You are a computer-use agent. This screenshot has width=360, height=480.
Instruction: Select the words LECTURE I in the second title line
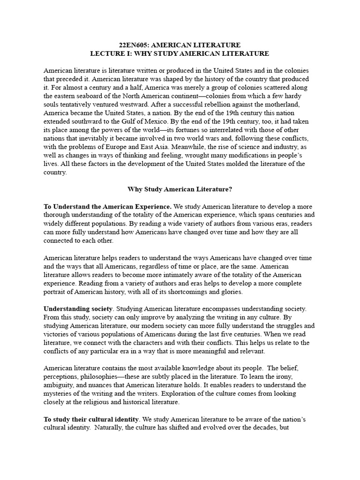[108, 54]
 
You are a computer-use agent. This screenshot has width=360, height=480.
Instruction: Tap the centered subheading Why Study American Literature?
[180, 189]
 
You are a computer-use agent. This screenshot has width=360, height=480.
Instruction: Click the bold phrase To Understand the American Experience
[107, 207]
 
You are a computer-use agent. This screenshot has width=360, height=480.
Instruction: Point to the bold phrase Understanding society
[78, 308]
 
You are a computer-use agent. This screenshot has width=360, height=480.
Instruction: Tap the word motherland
[289, 105]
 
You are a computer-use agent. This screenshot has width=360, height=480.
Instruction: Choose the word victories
[59, 334]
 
